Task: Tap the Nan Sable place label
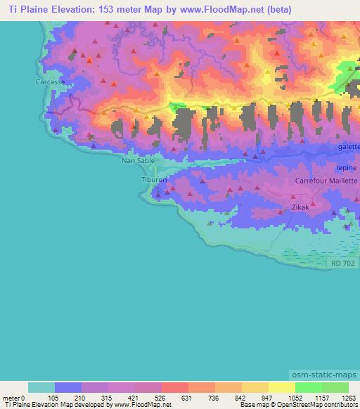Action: [138, 160]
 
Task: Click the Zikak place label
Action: [300, 208]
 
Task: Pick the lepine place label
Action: [347, 169]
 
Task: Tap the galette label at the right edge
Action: [348, 146]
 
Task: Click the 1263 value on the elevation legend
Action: [341, 397]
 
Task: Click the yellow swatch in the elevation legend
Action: [281, 387]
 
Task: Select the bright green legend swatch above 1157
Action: [308, 387]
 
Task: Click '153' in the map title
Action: [115, 10]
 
